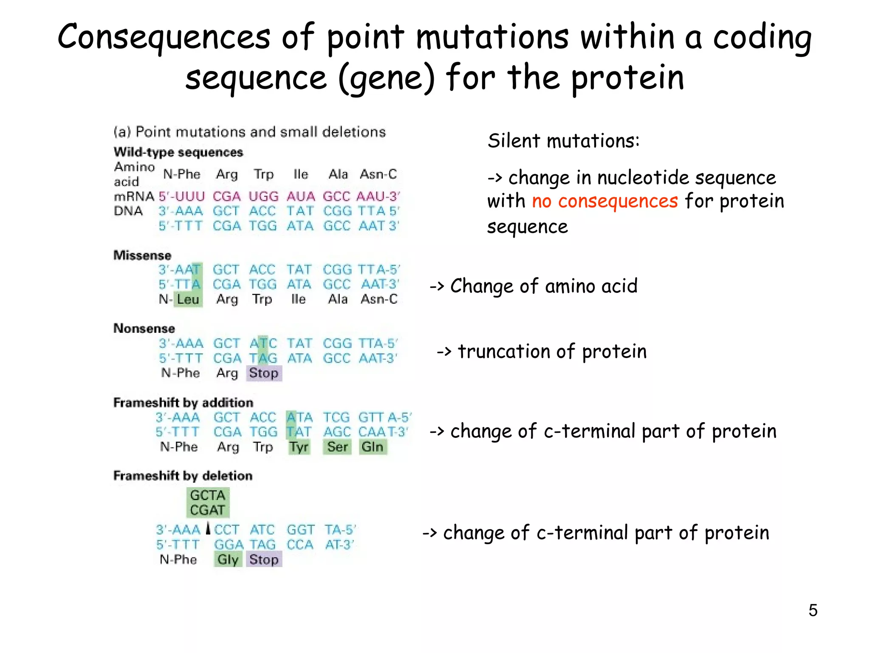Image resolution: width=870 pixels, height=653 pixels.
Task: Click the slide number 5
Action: (813, 610)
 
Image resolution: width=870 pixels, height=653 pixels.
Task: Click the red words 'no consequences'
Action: (604, 201)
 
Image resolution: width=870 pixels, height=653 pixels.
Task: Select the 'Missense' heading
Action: (142, 255)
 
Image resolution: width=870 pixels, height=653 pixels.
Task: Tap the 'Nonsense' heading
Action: (144, 328)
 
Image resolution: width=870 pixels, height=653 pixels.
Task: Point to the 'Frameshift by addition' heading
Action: (183, 402)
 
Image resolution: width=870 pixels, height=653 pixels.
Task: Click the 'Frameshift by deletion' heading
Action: (183, 475)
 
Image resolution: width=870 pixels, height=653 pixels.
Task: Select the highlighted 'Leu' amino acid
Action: (188, 299)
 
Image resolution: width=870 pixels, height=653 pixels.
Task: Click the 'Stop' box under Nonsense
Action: (264, 373)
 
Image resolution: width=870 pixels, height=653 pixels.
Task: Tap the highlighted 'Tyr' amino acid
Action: (299, 447)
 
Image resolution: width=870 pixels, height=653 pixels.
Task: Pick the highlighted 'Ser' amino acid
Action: (337, 447)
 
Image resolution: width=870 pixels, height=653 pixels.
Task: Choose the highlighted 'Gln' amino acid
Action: (373, 447)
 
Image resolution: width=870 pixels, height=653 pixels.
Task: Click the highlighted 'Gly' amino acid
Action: (228, 559)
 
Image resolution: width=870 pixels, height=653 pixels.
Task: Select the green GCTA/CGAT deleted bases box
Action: (207, 503)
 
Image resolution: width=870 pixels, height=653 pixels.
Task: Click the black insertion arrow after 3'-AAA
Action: (208, 528)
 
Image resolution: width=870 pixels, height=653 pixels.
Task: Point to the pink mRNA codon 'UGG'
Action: (263, 196)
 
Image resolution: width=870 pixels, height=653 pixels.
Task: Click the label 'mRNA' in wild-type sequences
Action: (134, 196)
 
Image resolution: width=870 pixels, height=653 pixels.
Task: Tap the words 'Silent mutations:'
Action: (563, 141)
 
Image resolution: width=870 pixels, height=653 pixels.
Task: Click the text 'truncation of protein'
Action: (552, 352)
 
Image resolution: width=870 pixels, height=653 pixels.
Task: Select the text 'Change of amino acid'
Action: (543, 286)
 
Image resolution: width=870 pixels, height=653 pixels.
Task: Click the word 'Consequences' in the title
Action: (164, 37)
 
